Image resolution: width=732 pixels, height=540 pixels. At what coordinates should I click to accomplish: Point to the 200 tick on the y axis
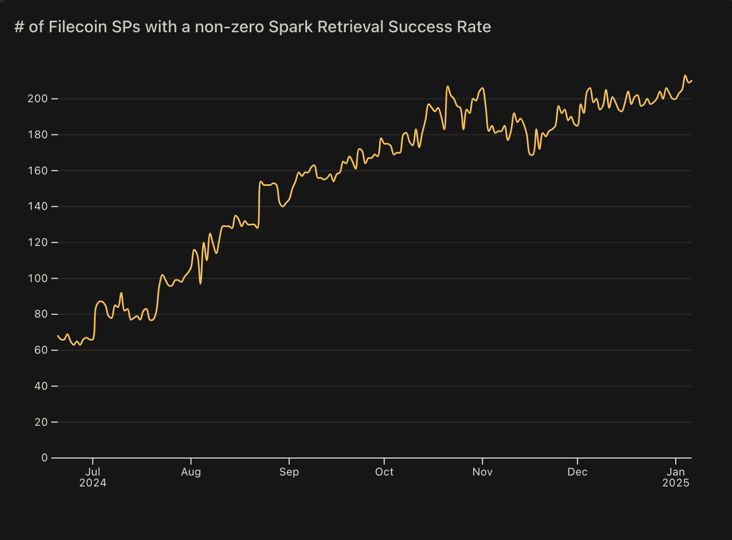click(x=38, y=99)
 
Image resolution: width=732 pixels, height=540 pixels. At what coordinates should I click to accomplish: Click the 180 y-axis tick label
click(x=38, y=135)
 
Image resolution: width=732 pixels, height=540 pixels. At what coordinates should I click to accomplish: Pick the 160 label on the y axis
click(x=38, y=171)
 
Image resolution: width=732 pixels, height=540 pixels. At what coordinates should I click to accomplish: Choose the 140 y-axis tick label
click(x=38, y=207)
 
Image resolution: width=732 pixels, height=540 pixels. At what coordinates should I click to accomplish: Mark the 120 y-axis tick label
click(x=38, y=243)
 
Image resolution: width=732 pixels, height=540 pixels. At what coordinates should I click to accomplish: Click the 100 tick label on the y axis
click(x=38, y=279)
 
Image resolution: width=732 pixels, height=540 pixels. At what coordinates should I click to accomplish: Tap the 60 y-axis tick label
click(x=42, y=350)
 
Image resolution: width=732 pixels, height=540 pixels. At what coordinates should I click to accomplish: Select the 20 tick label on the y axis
click(x=42, y=422)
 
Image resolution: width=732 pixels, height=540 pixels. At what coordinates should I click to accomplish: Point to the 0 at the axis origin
click(x=45, y=458)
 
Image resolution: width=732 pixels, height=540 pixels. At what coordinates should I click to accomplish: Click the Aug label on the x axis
click(x=191, y=472)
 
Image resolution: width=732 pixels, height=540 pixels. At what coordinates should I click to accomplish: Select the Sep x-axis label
click(x=289, y=472)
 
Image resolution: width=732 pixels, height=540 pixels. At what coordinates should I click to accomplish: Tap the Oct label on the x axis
click(x=384, y=472)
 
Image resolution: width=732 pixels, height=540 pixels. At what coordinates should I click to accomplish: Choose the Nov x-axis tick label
click(x=482, y=472)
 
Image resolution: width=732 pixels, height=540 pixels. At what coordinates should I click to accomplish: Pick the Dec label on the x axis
click(x=577, y=472)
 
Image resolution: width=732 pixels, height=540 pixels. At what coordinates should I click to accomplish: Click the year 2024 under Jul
click(x=93, y=483)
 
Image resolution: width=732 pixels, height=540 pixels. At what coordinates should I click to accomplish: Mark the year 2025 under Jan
click(x=676, y=483)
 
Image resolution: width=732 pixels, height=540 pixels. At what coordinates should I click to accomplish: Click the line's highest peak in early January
click(x=685, y=76)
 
